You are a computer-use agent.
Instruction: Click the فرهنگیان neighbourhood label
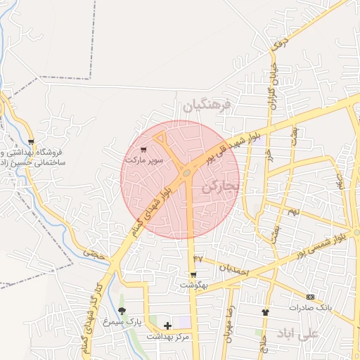(206, 106)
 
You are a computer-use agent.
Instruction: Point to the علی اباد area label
(298, 333)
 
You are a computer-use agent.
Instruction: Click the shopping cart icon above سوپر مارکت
(144, 149)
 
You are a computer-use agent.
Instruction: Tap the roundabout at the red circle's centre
(186, 172)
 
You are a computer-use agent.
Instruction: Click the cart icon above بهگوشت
(193, 274)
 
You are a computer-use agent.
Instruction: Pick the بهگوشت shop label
(193, 285)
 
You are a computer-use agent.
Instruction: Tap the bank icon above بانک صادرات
(310, 297)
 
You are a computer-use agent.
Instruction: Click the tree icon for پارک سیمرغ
(122, 311)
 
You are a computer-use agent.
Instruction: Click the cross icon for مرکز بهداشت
(167, 326)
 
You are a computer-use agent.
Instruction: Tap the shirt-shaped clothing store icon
(265, 312)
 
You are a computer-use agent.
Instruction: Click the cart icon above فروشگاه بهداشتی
(31, 142)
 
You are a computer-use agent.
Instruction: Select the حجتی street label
(93, 250)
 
